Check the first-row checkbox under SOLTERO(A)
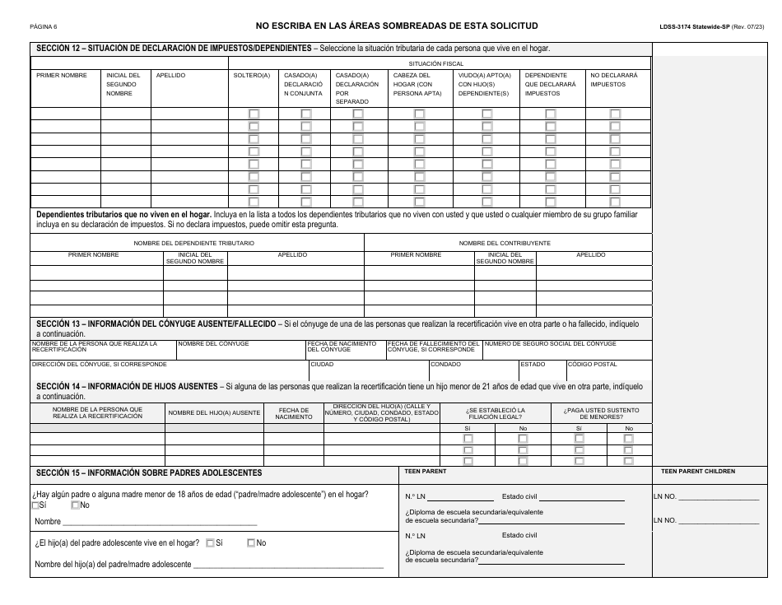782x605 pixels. [254, 114]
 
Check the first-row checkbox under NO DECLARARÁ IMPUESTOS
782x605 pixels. [615, 114]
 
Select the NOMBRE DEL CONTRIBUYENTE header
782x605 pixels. [505, 243]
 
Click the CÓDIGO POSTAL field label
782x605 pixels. [593, 364]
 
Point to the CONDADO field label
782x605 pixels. [445, 364]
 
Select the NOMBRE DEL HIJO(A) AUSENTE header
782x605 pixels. [214, 412]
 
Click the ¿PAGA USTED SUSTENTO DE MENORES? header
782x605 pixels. [601, 412]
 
